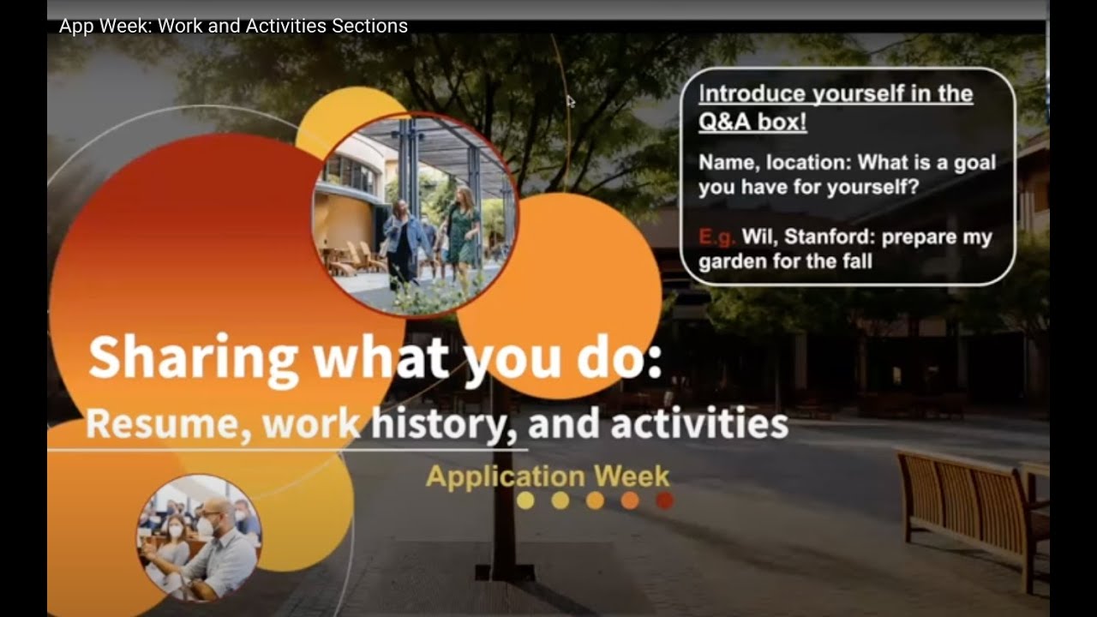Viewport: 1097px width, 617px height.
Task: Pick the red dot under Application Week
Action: click(x=664, y=500)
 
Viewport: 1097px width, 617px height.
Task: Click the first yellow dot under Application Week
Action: click(x=526, y=500)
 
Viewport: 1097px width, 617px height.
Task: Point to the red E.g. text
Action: click(x=717, y=237)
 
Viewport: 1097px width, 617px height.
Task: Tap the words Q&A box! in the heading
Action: click(x=752, y=122)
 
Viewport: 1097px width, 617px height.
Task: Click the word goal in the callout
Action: click(x=974, y=163)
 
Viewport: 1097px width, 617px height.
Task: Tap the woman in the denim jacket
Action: click(x=400, y=240)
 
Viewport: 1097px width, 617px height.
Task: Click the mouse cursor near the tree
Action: click(x=571, y=101)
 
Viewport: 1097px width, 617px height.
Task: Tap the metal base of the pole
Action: click(x=506, y=570)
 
